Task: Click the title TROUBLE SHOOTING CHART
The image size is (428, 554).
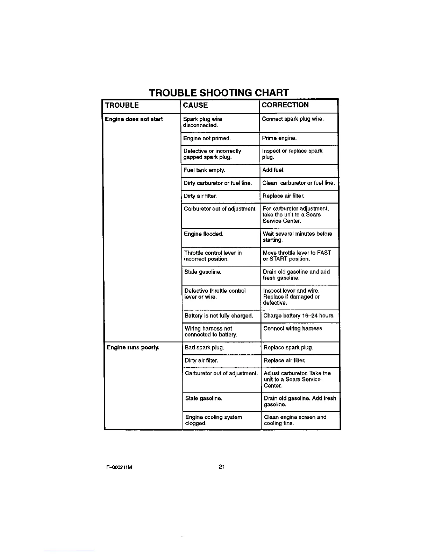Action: point(219,93)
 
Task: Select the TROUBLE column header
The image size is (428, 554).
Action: point(122,105)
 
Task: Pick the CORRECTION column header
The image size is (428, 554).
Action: point(285,105)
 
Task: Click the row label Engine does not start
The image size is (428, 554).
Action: point(134,119)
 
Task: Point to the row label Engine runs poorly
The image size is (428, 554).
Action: point(133,348)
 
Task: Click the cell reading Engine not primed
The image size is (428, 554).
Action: point(207,138)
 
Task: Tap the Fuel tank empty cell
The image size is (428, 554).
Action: point(205,170)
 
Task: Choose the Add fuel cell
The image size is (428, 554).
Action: point(273,170)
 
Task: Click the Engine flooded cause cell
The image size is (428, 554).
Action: point(204,234)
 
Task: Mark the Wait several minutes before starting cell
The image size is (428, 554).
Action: point(298,237)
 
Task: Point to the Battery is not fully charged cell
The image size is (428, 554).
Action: point(219,316)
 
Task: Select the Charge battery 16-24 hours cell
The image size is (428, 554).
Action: point(299,316)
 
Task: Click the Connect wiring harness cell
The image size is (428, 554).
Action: point(293,329)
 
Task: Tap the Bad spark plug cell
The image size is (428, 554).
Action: point(204,348)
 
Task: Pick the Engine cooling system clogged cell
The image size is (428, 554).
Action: point(213,420)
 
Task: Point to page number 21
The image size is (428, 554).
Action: point(221,467)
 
